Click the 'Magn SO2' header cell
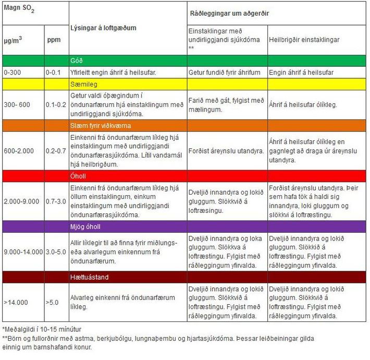[x=19, y=8]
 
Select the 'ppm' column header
[x=54, y=40]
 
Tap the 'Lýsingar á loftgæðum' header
[x=103, y=28]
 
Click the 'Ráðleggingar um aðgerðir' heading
[x=229, y=13]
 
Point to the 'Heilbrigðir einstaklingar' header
[x=304, y=40]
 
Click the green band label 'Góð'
[x=77, y=61]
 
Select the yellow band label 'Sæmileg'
[x=84, y=85]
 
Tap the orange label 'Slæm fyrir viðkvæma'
[x=101, y=126]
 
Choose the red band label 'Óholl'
[x=78, y=176]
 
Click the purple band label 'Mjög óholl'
[x=85, y=227]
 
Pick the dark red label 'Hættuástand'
[x=89, y=277]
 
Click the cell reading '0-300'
[x=13, y=73]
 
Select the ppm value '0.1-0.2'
[x=56, y=105]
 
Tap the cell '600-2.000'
[x=19, y=151]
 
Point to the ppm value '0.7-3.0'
[x=56, y=201]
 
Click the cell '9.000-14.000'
[x=23, y=252]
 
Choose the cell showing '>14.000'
[x=16, y=303]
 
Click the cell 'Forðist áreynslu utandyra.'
[x=226, y=151]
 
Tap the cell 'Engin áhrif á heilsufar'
[x=301, y=73]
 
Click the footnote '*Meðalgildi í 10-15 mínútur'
[x=42, y=329]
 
